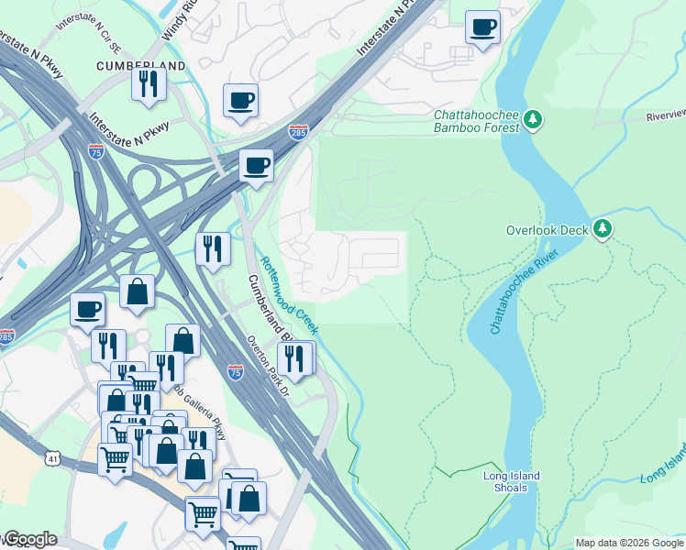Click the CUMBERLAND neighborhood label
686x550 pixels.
click(x=140, y=66)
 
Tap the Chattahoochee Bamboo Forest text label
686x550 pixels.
click(x=476, y=121)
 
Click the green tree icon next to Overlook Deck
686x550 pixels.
click(x=602, y=228)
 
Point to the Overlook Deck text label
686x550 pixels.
click(x=547, y=230)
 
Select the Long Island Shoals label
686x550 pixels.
click(x=511, y=481)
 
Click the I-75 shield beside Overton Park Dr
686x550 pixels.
click(x=236, y=371)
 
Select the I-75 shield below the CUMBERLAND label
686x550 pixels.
click(x=96, y=152)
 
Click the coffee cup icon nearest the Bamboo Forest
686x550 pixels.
click(x=482, y=27)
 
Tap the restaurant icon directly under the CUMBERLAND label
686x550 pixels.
click(x=148, y=84)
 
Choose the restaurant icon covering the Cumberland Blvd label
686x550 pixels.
click(x=294, y=359)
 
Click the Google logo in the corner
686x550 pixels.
click(x=29, y=539)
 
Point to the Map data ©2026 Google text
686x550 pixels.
click(x=629, y=543)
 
